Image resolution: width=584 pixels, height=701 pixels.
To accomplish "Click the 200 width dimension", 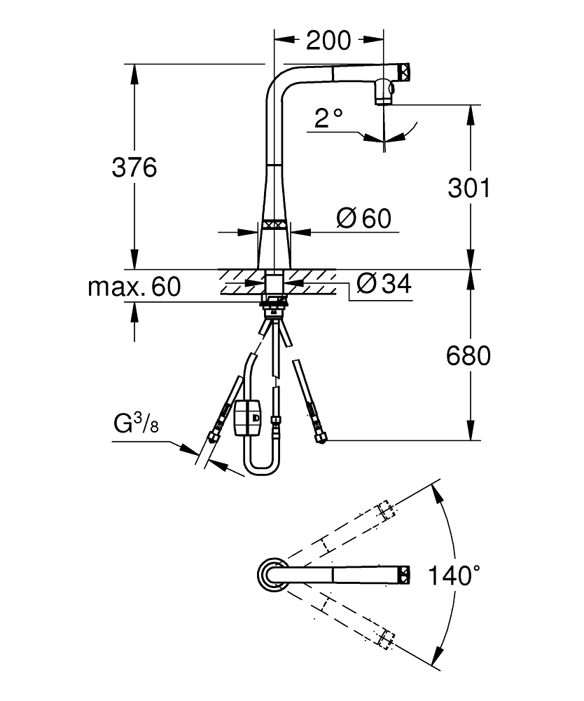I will tap(328, 41).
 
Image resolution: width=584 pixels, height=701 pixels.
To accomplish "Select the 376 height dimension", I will tap(134, 168).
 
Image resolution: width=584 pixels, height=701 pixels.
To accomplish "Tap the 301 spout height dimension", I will tap(468, 188).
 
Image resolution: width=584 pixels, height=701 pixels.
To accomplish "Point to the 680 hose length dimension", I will tap(468, 356).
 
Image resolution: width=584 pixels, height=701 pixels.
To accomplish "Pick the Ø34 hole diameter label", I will tap(382, 283).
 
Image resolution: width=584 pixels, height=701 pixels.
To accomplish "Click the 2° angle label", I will tap(327, 118).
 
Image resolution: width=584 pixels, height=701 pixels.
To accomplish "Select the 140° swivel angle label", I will tap(454, 576).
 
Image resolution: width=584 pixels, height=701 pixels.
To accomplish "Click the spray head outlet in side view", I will tap(384, 92).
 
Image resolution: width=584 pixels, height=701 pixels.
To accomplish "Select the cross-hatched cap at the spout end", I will tap(404, 71).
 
